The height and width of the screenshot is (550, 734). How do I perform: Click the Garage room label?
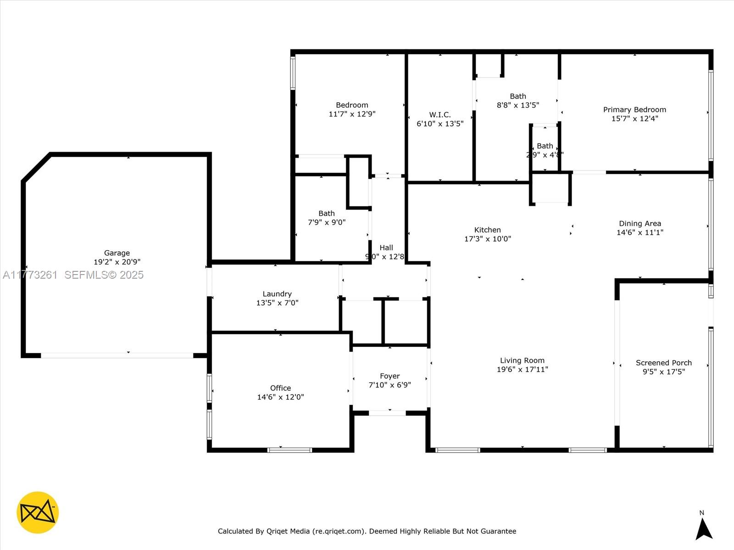(117, 253)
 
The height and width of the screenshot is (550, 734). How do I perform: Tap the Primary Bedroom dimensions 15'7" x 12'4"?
(634, 119)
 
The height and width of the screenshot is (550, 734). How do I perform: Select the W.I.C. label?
(440, 115)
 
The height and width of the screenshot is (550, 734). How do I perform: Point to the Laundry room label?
(277, 294)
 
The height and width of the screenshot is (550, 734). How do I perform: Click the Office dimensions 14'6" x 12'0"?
(280, 397)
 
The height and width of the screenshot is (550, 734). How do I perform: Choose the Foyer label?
(389, 376)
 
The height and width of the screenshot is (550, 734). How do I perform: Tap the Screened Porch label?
(663, 363)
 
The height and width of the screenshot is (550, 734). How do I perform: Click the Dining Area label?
(639, 223)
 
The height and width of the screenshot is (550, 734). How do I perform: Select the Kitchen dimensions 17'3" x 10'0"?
(487, 239)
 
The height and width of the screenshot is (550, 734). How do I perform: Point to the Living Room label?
(522, 360)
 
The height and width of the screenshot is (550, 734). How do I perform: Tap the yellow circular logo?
(38, 512)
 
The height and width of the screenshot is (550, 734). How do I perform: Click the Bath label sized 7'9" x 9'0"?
(326, 213)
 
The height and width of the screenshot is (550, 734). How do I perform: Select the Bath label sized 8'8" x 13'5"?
(517, 96)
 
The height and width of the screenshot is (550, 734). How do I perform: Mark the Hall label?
(386, 247)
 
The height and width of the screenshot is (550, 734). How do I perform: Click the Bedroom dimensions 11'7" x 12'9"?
(352, 114)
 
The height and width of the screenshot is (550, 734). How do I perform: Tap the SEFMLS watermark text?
(104, 275)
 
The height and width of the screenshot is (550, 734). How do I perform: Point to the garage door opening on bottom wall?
(117, 355)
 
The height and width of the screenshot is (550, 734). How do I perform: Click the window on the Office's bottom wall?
(289, 450)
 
